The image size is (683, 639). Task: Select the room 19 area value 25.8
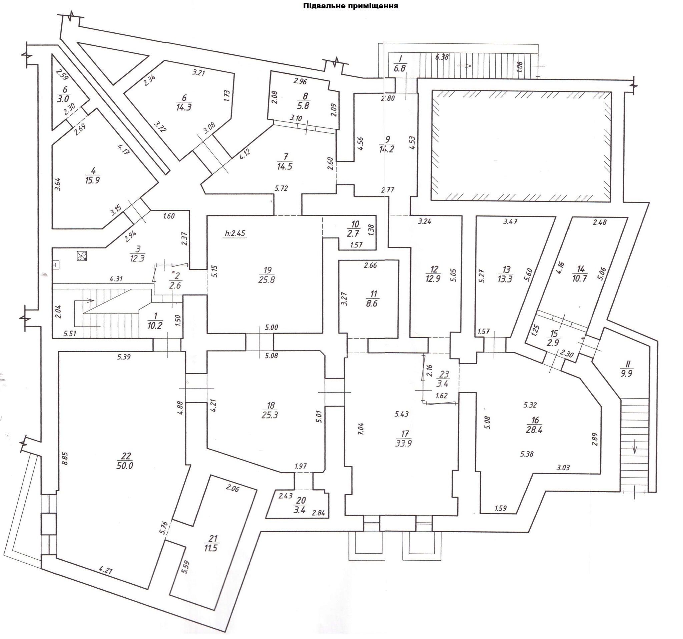(x=266, y=279)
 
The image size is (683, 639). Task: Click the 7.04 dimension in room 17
(x=361, y=429)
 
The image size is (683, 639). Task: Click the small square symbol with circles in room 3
(x=82, y=255)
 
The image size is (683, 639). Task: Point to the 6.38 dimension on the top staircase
(x=442, y=57)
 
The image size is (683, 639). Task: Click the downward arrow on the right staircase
(x=634, y=449)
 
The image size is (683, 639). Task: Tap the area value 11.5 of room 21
(x=210, y=548)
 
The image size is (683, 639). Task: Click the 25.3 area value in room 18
(x=270, y=415)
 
